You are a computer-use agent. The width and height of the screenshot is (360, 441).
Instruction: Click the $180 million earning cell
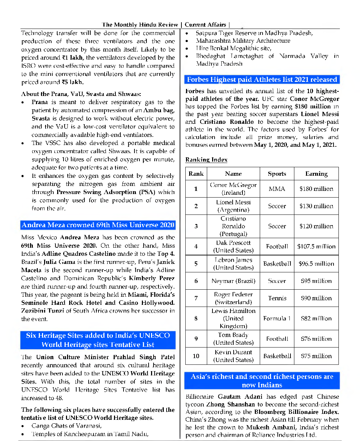click(x=316, y=189)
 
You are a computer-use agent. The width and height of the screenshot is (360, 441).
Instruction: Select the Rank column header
click(x=196, y=174)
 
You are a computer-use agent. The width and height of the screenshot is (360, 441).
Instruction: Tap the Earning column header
click(x=316, y=174)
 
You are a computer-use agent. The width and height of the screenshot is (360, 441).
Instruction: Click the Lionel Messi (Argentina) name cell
click(x=233, y=206)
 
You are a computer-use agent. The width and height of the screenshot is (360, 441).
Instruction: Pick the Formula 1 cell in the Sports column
click(x=277, y=318)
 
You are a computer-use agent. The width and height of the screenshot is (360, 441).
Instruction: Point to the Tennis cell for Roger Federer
click(x=277, y=298)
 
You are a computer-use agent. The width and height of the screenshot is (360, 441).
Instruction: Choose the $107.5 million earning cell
click(x=316, y=246)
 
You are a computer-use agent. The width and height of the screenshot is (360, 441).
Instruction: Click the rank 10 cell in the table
click(x=196, y=356)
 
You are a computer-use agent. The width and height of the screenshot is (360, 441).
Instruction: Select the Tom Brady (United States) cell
click(x=233, y=339)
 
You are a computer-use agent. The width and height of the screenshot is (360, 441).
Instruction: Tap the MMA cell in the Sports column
click(x=277, y=189)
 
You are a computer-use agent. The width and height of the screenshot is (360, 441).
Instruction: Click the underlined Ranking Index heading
click(x=206, y=160)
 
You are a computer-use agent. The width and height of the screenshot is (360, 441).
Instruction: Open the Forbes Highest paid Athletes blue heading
click(x=262, y=79)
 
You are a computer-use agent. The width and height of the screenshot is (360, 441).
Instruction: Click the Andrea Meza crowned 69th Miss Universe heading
click(x=98, y=225)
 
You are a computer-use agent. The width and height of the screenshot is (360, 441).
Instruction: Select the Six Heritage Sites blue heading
click(x=98, y=340)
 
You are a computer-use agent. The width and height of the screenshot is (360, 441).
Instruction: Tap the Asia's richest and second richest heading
click(x=262, y=381)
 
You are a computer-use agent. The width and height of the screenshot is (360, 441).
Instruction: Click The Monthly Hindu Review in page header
click(x=140, y=25)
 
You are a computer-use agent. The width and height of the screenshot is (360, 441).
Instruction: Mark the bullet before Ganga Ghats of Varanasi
click(x=23, y=426)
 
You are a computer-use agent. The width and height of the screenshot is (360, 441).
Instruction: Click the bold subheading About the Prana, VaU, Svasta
click(x=81, y=94)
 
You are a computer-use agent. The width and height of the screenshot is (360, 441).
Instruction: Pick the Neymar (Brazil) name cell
click(x=233, y=281)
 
